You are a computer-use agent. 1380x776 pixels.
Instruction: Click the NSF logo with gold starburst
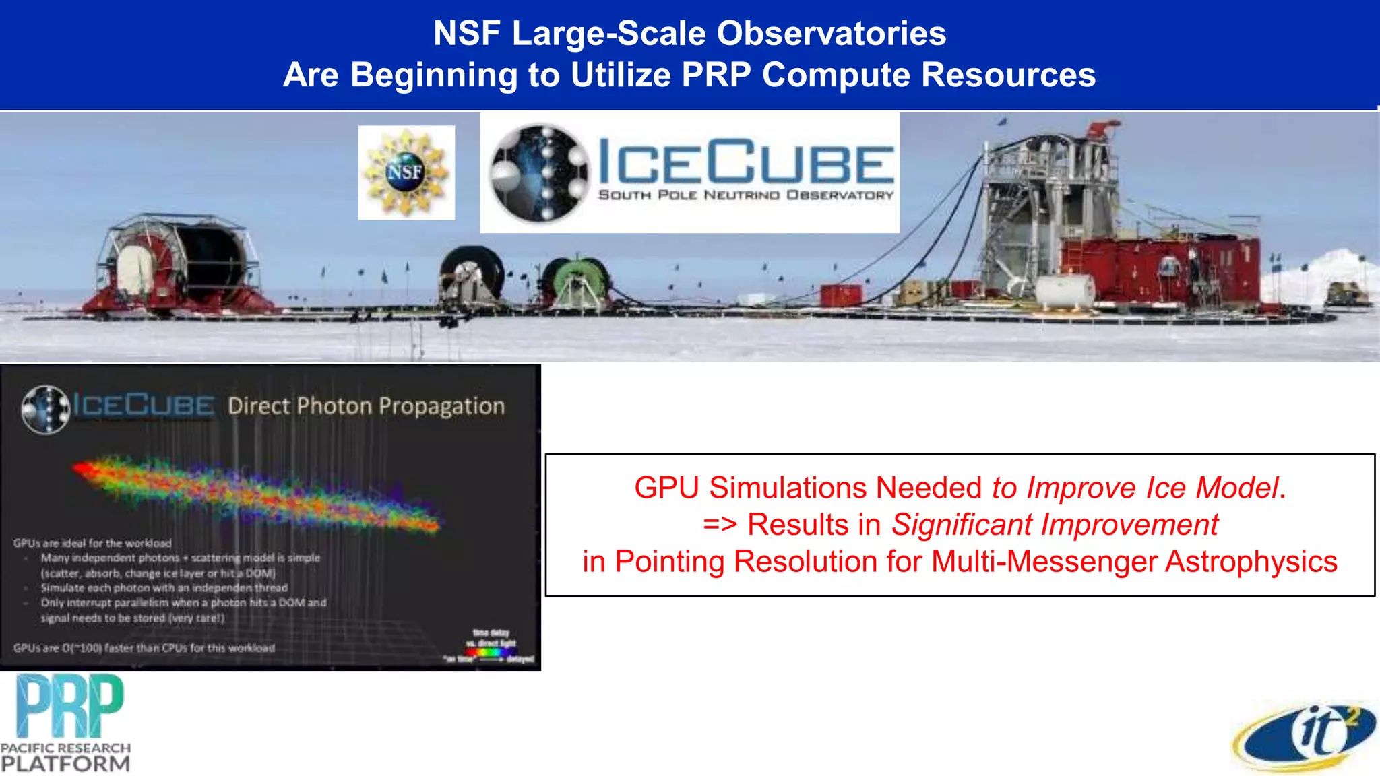406,172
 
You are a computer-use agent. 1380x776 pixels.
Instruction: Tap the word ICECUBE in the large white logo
745,162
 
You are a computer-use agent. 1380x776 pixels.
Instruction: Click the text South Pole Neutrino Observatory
745,195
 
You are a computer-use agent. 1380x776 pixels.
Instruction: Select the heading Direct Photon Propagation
366,406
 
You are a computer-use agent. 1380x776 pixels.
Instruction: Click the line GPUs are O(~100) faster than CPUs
144,648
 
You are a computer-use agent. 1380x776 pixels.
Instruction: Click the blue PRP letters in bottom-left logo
69,706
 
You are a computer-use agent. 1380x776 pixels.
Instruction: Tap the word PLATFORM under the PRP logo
65,764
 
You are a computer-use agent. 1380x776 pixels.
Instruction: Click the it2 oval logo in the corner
1304,736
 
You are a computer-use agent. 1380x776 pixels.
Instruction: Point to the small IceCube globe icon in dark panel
46,409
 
